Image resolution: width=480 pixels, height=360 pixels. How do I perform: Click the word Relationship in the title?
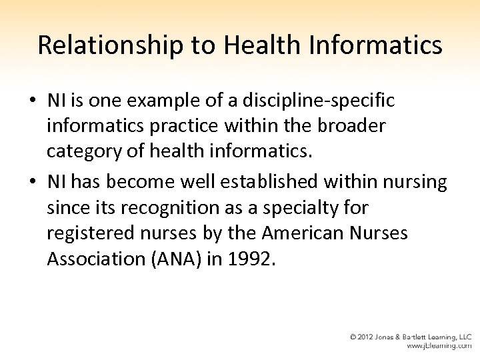tap(107, 45)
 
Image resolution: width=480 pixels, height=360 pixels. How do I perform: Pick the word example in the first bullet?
tap(173, 101)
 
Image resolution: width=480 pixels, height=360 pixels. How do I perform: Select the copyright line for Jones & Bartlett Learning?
tap(411, 337)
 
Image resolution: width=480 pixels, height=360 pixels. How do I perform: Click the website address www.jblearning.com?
tap(439, 347)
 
